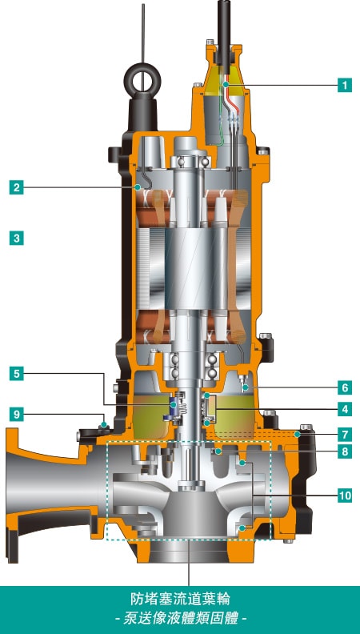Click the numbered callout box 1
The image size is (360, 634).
(345, 85)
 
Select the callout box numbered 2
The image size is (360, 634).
(17, 187)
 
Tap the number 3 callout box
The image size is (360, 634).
(17, 239)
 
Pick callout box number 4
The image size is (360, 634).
(345, 409)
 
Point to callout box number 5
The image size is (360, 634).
(17, 374)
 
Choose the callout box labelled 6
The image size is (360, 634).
(345, 387)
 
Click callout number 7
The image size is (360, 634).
(345, 434)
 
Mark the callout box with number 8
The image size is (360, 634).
(345, 451)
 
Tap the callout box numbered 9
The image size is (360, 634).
(17, 414)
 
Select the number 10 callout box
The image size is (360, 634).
(345, 495)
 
